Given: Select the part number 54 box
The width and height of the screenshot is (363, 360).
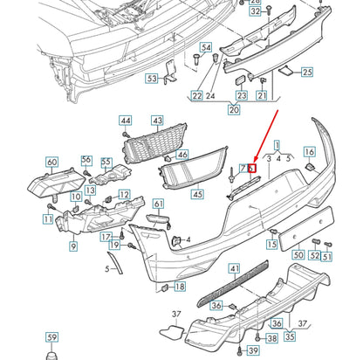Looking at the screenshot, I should click(x=206, y=47).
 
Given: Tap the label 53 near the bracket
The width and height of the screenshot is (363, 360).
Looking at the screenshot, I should click(x=152, y=79).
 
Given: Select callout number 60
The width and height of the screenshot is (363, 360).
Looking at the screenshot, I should click(x=51, y=162).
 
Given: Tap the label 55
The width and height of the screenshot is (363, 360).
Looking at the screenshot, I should click(x=106, y=162).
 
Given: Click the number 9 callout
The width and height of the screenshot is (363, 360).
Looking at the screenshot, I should click(x=73, y=247).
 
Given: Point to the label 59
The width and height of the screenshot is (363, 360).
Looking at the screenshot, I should click(x=51, y=336).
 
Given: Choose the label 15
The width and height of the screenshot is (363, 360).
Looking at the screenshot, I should click(x=273, y=246).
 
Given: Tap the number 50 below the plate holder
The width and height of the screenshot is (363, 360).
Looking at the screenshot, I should click(x=299, y=256).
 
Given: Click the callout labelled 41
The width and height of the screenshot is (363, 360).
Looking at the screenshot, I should click(x=235, y=269).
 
